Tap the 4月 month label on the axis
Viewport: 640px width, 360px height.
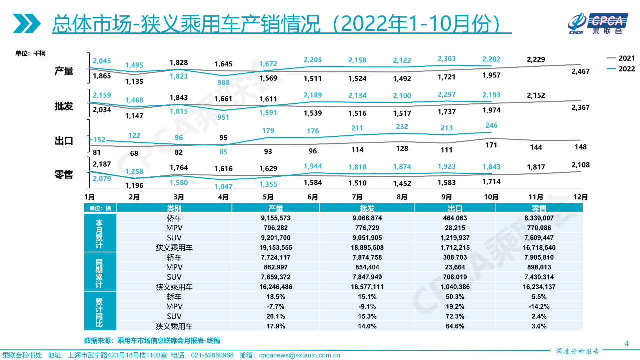(223, 197)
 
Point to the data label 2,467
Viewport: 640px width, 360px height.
(580, 71)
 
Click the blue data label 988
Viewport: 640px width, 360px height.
(223, 82)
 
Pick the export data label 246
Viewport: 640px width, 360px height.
(491, 126)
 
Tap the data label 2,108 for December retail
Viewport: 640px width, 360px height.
(580, 165)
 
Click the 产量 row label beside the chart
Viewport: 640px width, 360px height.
(64, 71)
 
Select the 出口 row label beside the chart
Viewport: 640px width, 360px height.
(64, 141)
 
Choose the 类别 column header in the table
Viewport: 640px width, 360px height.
(174, 208)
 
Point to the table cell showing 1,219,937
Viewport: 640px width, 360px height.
(455, 237)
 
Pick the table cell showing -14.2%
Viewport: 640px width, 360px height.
(539, 306)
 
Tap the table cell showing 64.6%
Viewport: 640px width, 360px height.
(455, 326)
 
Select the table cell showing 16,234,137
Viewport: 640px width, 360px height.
(539, 287)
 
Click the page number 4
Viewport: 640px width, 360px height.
(627, 343)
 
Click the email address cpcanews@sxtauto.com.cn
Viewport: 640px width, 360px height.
(299, 355)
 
